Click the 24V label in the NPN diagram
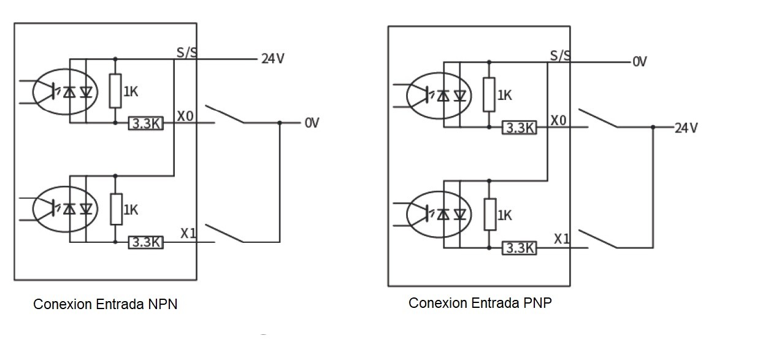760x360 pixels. (x=273, y=59)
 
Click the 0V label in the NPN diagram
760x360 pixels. (x=312, y=123)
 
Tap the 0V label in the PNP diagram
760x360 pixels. (x=640, y=62)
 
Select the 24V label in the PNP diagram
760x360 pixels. (x=686, y=128)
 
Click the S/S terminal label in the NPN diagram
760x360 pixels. (x=186, y=52)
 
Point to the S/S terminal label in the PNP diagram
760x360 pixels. (x=560, y=55)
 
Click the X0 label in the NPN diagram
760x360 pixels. (x=185, y=116)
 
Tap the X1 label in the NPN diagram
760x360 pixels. (x=188, y=233)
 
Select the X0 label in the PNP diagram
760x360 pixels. (x=558, y=120)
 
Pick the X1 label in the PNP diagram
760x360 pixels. (x=562, y=239)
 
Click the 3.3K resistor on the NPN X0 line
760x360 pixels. (x=146, y=123)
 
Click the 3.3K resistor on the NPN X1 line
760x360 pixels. (x=146, y=242)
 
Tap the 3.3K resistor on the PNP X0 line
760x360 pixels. (x=520, y=128)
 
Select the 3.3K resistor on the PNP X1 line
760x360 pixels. (x=520, y=248)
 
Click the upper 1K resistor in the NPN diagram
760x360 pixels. (x=115, y=91)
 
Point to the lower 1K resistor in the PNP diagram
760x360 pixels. (x=489, y=215)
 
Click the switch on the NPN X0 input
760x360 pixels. (x=225, y=114)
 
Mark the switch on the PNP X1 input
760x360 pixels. (x=598, y=239)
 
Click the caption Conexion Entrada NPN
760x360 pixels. (x=106, y=304)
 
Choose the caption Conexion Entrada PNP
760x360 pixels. (x=480, y=303)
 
